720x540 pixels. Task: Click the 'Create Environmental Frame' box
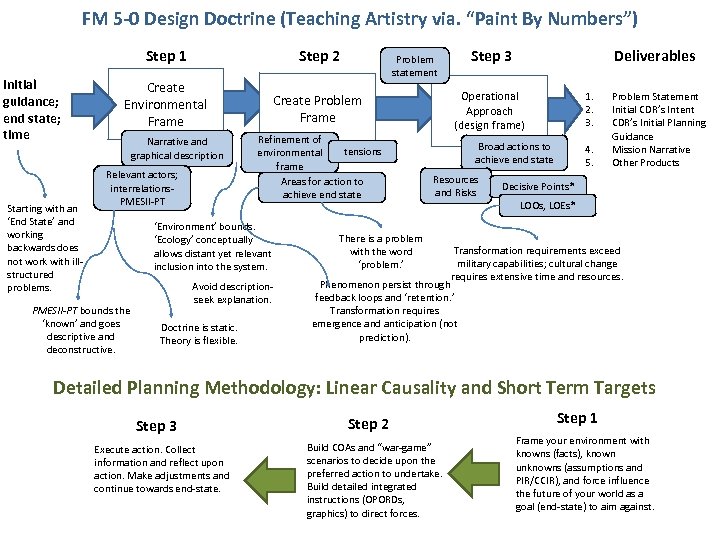(165, 104)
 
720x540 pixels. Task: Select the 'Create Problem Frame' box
(317, 109)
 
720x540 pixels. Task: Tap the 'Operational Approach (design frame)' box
(489, 110)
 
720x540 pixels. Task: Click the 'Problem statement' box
(414, 66)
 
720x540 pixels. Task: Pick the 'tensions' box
(362, 151)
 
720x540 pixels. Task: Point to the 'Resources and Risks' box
(455, 186)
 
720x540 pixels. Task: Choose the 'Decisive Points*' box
(537, 187)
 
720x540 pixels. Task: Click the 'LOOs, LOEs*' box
(547, 206)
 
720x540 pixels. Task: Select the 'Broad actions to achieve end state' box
(513, 153)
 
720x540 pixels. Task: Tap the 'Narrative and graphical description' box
(177, 148)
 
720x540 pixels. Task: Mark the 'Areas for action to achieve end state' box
(321, 188)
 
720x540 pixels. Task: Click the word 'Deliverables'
(654, 56)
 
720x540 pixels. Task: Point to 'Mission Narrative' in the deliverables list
(650, 150)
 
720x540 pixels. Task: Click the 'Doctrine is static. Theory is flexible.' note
(199, 334)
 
